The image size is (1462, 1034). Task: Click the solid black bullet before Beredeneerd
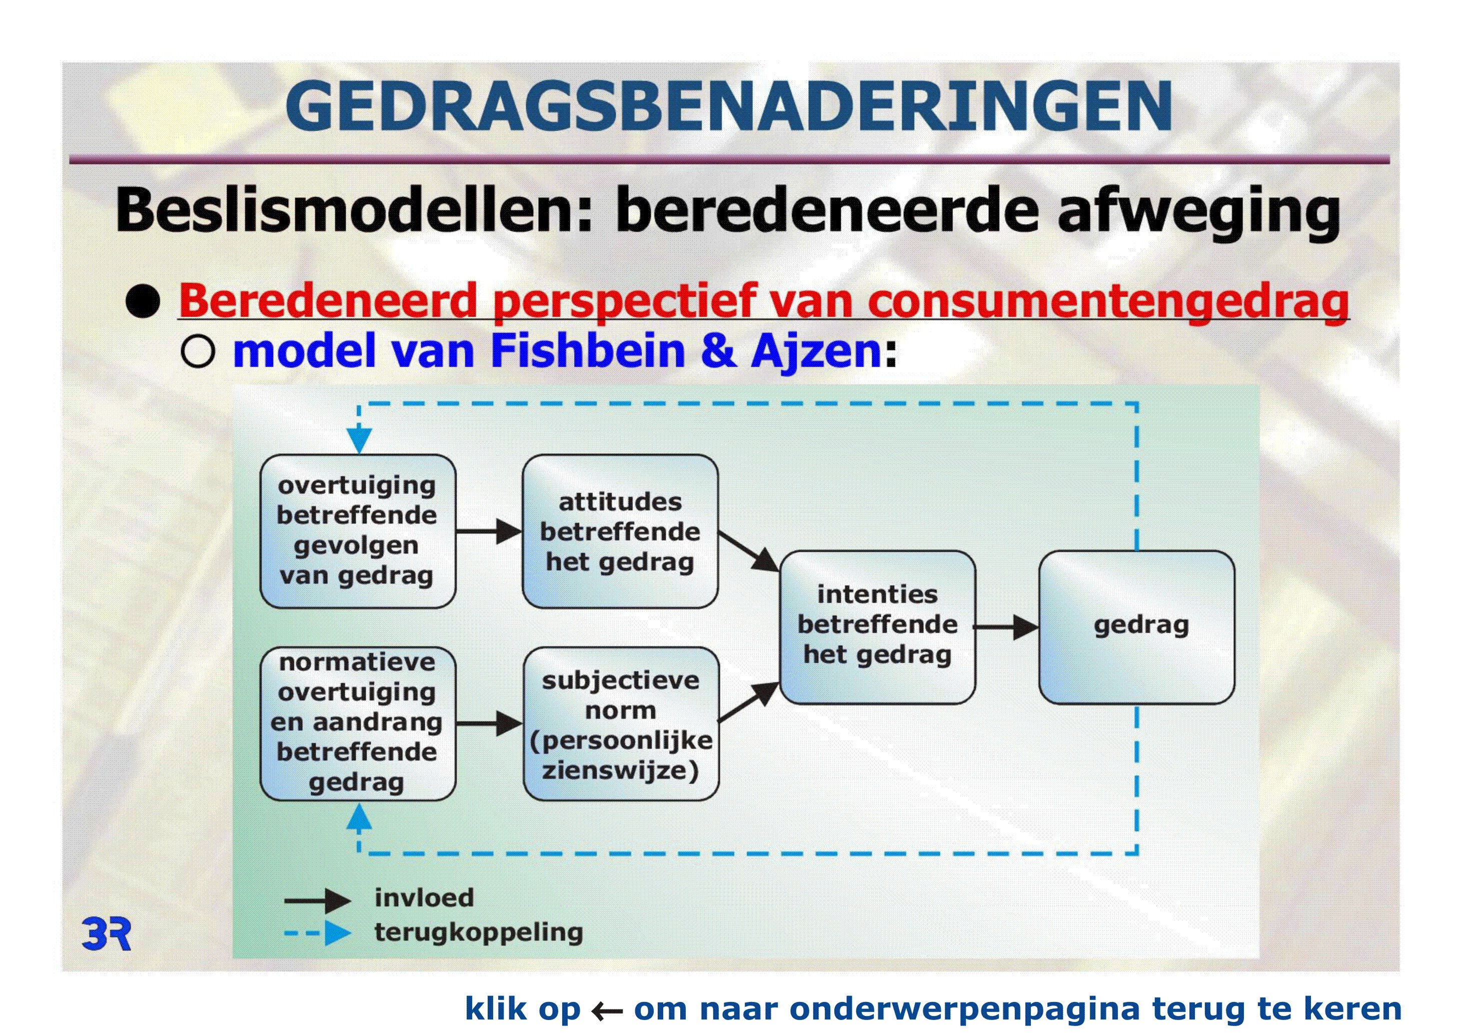143,301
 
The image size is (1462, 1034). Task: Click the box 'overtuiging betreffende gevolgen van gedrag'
358,531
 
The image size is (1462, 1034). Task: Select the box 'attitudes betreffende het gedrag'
620,531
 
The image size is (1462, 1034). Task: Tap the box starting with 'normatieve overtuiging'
358,723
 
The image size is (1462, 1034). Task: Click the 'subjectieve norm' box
621,723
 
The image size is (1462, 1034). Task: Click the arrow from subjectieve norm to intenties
749,702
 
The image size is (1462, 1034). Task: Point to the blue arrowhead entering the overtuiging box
359,440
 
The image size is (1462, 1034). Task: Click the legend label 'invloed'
424,898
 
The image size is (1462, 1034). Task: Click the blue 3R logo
107,934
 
